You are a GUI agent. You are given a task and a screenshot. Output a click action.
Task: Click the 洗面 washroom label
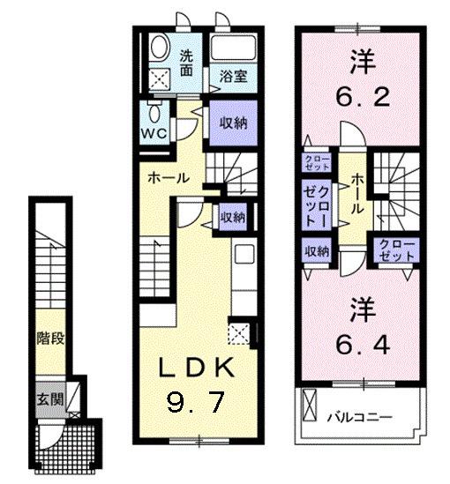[187, 63]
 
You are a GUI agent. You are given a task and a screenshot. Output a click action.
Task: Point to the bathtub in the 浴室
[234, 49]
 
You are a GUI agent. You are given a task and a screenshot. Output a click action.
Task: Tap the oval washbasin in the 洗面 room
[160, 47]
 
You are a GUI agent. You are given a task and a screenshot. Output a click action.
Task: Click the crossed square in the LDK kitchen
[239, 333]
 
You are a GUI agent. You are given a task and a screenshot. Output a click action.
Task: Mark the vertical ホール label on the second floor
[356, 194]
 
